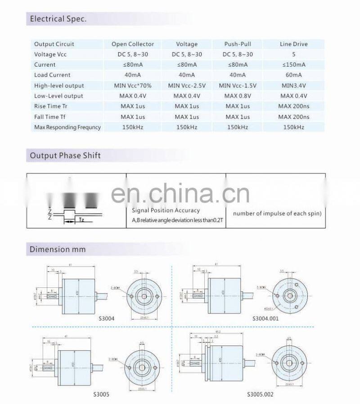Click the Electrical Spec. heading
pos(58,19)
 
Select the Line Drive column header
pos(293,44)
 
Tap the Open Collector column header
pos(132,44)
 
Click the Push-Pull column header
pos(238,44)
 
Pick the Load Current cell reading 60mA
pos(293,75)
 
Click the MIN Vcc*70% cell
pos(132,86)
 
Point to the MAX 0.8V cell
pos(238,96)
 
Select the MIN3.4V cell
pos(293,86)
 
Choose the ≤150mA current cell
pos(293,65)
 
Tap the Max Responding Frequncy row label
pos(67,127)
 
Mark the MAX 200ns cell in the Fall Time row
pos(293,117)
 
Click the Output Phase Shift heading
pos(65,156)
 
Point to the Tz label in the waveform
pos(81,220)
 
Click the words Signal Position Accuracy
pos(166,210)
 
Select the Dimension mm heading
pos(57,249)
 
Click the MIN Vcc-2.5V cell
pos(187,86)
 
